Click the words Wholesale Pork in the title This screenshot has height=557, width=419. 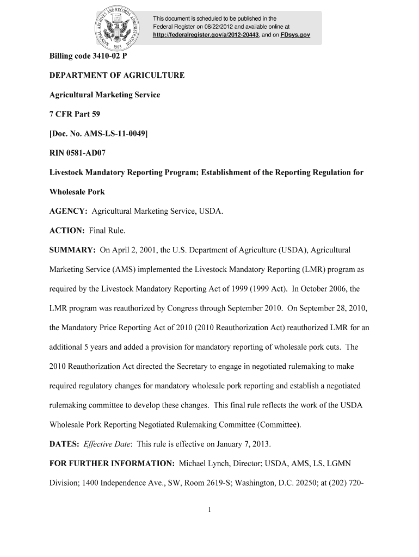[77, 191]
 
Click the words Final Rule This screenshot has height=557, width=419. [107, 231]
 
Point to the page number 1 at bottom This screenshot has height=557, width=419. [209, 510]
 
